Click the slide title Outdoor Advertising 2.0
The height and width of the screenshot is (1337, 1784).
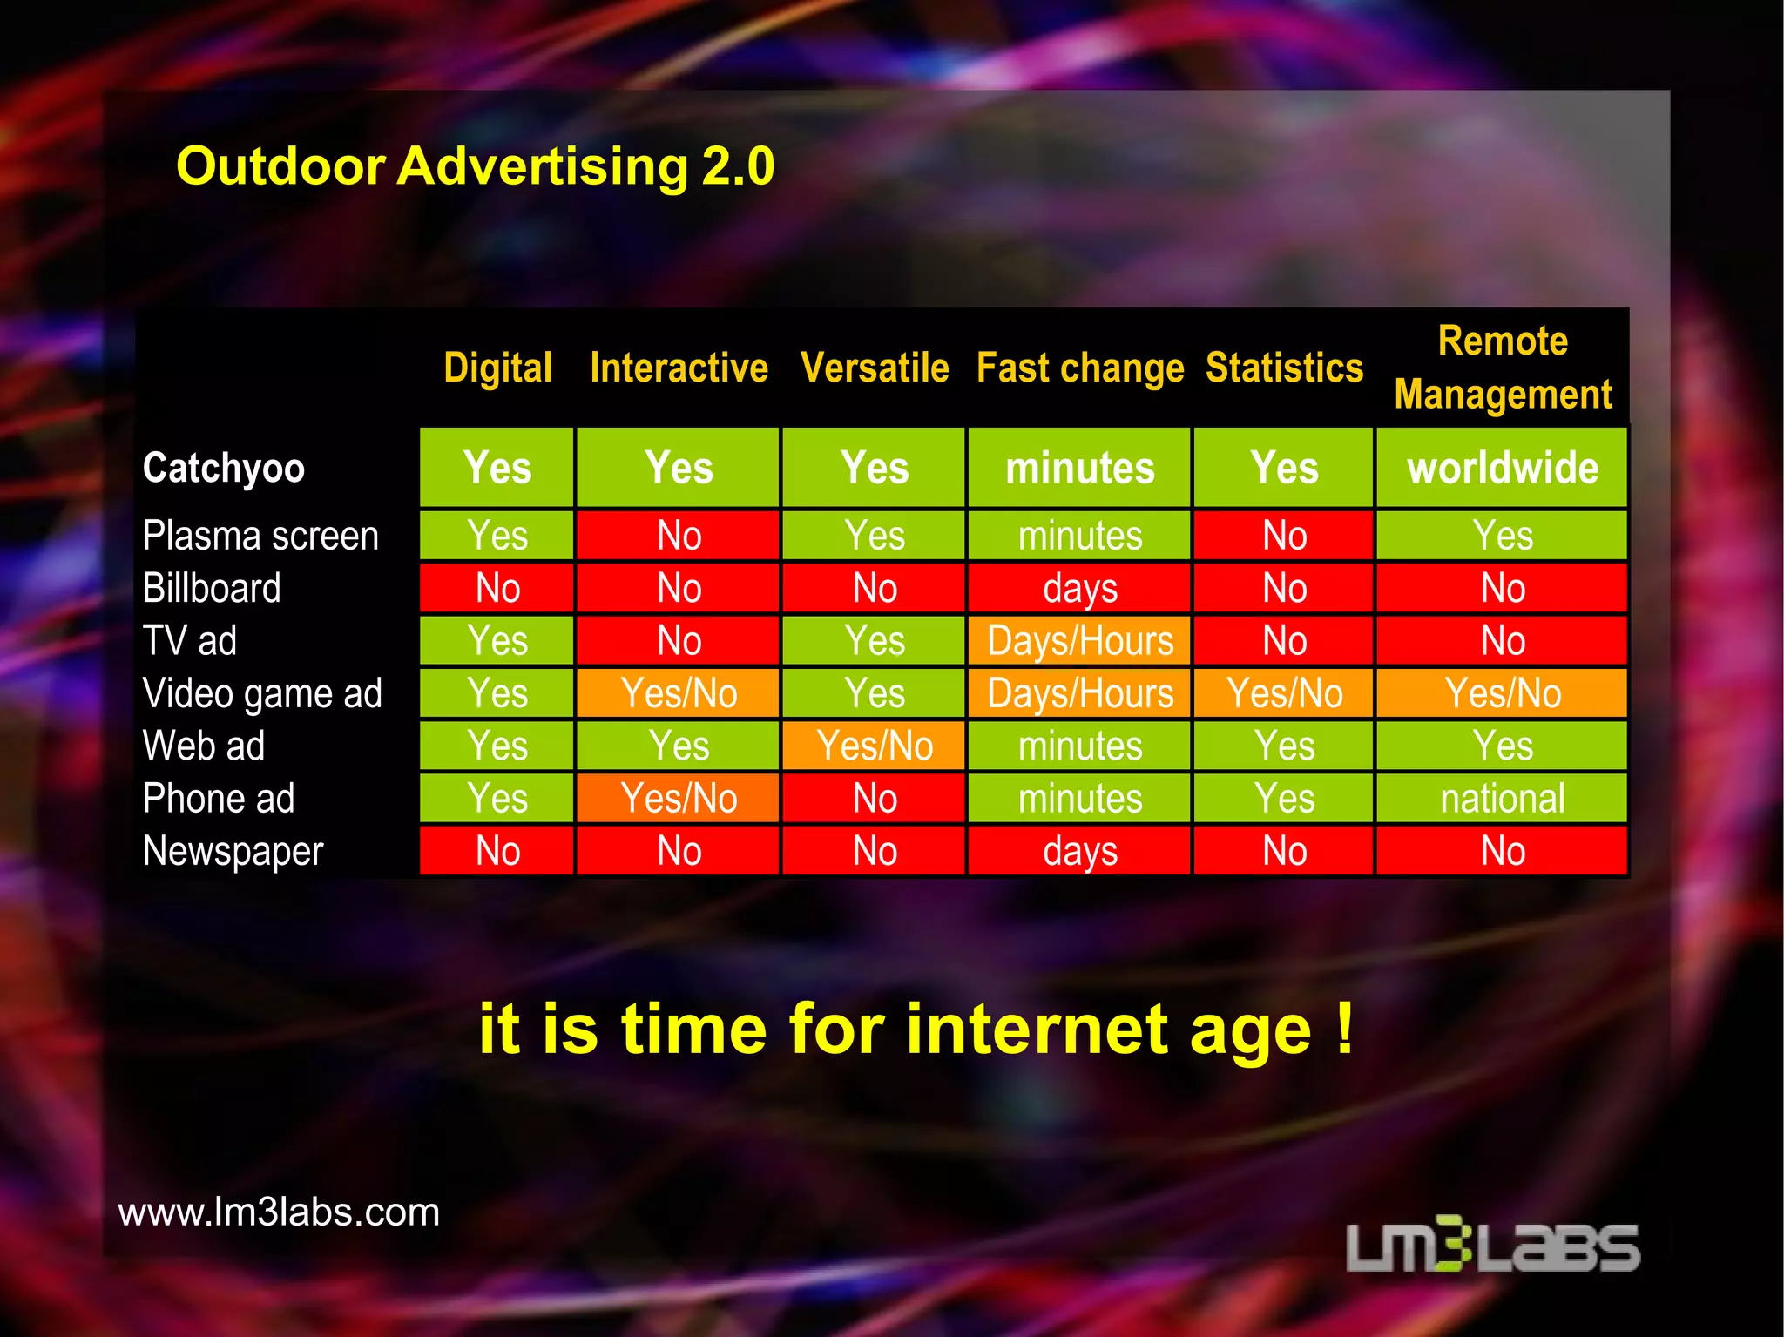475,165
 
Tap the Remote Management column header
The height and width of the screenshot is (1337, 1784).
1503,368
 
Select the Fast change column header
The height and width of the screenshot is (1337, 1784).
1079,368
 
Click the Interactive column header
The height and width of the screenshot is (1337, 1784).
679,368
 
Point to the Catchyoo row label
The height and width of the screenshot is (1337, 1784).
224,468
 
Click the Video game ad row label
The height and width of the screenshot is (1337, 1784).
262,694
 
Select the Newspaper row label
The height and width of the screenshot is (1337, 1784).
233,851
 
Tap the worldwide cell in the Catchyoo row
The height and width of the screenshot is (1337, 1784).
1503,468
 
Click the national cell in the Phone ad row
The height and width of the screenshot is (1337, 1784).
1503,799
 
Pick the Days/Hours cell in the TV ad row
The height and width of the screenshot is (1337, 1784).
1079,641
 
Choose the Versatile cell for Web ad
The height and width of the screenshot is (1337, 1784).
875,746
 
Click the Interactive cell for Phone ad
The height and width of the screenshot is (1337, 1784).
679,799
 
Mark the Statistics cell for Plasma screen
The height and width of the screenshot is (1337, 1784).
1284,536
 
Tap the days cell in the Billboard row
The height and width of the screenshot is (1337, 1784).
1079,589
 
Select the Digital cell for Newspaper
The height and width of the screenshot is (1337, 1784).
497,851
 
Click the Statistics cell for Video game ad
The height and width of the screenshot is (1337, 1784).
1284,694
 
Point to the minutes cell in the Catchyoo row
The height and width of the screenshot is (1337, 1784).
1079,468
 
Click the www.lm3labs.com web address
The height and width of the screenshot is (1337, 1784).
279,1212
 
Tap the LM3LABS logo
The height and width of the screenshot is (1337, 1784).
1493,1246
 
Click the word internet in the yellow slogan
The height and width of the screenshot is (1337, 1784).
1037,1030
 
